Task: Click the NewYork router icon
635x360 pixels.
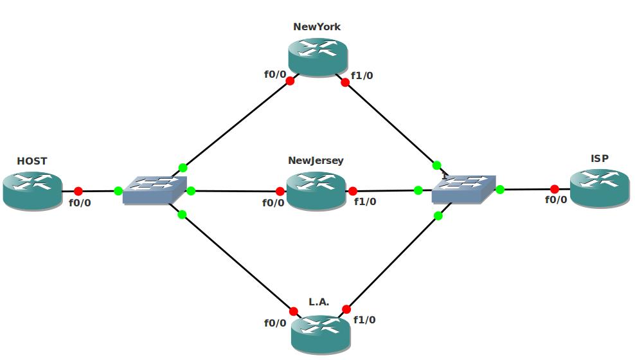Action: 318,57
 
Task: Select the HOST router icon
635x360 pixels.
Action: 32,190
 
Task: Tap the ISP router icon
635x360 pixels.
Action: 599,188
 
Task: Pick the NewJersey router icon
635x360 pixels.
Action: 316,190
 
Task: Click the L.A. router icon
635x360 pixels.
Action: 321,334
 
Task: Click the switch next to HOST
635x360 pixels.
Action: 154,190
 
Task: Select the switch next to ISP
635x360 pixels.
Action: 463,190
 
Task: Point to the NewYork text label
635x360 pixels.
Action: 317,27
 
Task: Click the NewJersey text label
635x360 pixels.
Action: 316,161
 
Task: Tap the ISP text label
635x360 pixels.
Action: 600,159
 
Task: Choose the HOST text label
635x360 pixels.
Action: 32,161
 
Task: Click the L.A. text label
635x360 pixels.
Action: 319,301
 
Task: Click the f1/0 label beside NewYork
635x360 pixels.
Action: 362,76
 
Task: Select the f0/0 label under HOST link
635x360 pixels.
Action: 80,203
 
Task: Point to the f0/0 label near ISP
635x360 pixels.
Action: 556,200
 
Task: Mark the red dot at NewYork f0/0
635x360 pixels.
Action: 290,81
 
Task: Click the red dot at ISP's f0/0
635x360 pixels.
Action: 555,189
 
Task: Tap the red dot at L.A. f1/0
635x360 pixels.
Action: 346,309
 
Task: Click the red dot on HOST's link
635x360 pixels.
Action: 78,191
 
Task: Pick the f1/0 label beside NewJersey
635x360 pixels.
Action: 365,202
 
